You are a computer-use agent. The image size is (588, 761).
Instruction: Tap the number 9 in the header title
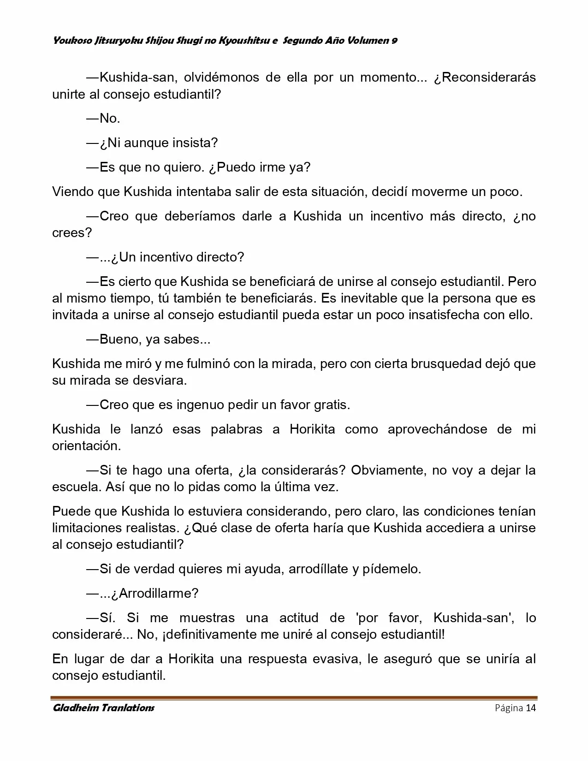[x=394, y=41]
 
